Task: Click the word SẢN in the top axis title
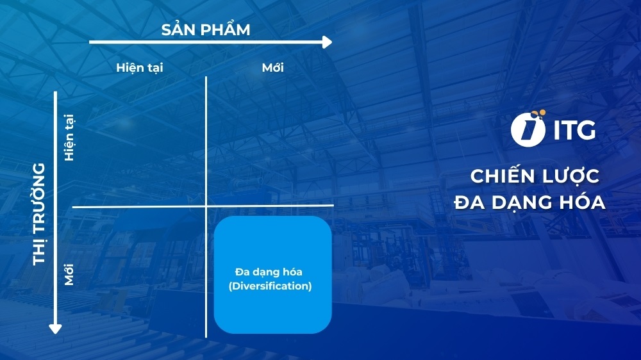point(181,29)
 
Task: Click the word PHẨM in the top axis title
point(226,29)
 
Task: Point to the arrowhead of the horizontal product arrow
point(328,42)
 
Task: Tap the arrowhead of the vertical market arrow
point(55,328)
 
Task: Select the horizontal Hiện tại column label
point(139,67)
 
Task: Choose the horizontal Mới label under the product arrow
point(272,67)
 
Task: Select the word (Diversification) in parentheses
point(270,286)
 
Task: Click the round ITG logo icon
point(528,129)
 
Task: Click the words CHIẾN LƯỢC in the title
point(535,176)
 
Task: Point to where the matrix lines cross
point(206,206)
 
